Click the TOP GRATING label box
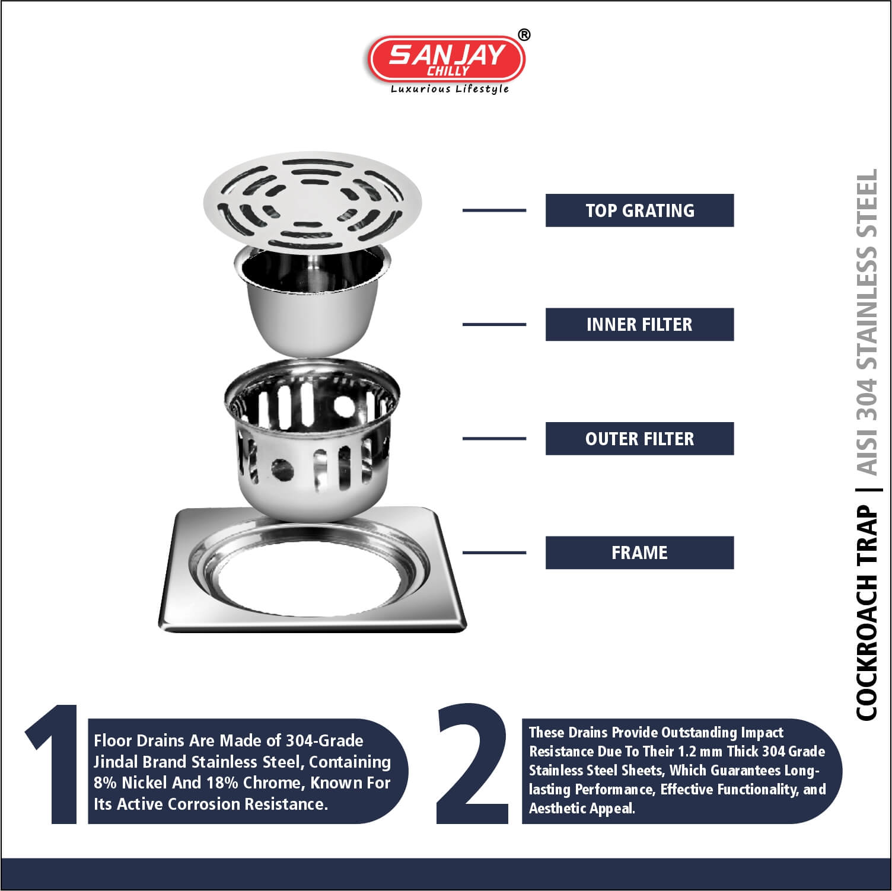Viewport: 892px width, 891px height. pyautogui.click(x=639, y=210)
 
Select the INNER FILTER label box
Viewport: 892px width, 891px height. pyautogui.click(x=639, y=324)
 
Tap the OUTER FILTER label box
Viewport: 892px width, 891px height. pyautogui.click(x=639, y=439)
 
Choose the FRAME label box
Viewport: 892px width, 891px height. pyautogui.click(x=639, y=553)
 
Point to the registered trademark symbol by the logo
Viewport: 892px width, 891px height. pyautogui.click(x=524, y=35)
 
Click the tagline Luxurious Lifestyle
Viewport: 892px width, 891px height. pyautogui.click(x=450, y=89)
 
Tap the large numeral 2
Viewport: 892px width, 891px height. pyautogui.click(x=473, y=764)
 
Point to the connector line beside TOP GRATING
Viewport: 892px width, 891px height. pyautogui.click(x=494, y=210)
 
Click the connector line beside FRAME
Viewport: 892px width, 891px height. pyautogui.click(x=494, y=553)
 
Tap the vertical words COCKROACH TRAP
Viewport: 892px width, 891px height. pyautogui.click(x=866, y=614)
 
